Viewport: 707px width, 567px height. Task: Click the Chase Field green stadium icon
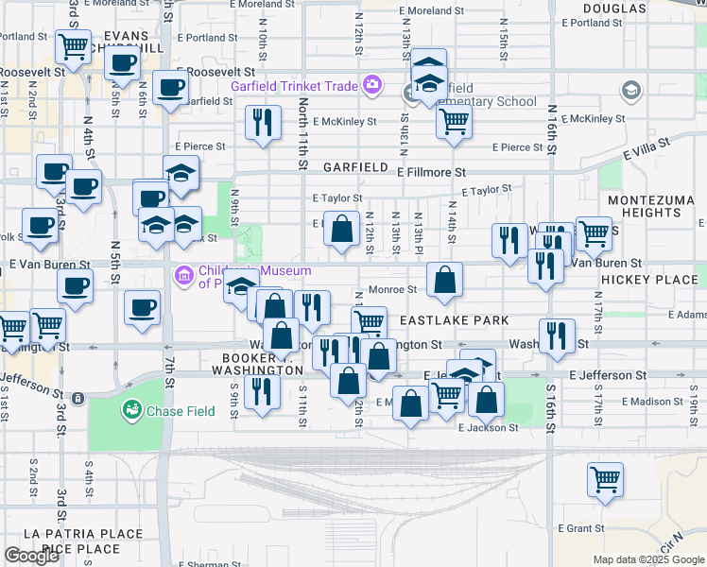click(131, 410)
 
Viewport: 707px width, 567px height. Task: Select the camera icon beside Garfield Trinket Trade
click(372, 86)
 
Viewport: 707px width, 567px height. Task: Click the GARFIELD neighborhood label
click(355, 167)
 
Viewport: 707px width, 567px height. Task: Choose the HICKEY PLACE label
click(662, 281)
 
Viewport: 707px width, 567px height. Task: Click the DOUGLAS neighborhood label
click(620, 9)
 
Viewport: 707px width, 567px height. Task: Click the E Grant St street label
click(580, 527)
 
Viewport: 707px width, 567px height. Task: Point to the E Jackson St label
click(488, 427)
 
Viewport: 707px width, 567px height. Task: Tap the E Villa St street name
click(647, 147)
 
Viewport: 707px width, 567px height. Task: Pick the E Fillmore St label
click(432, 173)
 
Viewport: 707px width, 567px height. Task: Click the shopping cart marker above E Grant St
click(604, 478)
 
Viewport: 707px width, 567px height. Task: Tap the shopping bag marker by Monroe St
click(444, 279)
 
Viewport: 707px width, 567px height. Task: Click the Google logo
click(32, 556)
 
